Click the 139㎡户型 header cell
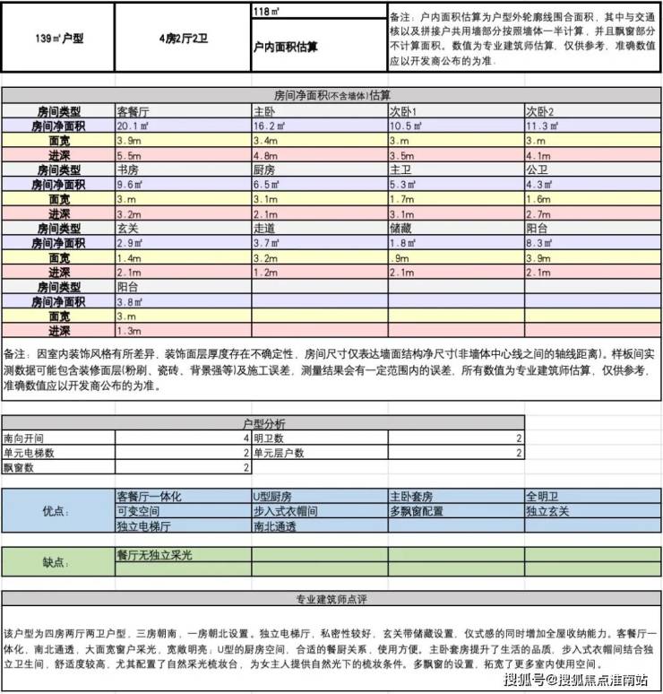pos(57,39)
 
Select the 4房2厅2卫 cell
pos(182,39)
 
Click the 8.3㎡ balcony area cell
pos(539,243)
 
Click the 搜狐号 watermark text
pos(527,681)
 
